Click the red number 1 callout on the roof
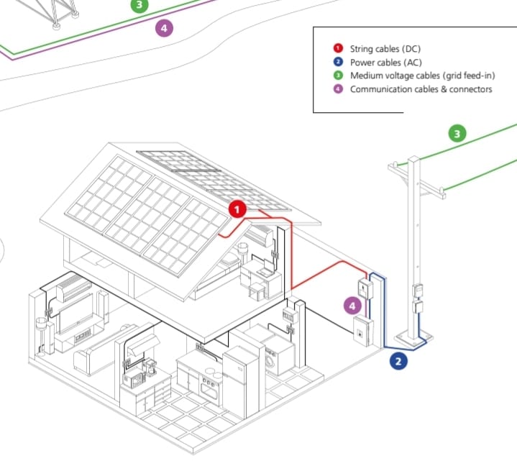[x=238, y=209]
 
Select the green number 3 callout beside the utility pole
[x=457, y=134]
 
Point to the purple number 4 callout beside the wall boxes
[x=352, y=306]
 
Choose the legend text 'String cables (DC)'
[x=386, y=49]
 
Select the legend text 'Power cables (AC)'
[x=385, y=63]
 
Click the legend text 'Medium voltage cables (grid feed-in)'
[x=422, y=76]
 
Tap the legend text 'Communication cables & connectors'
[x=421, y=89]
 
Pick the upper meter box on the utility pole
[x=416, y=291]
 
